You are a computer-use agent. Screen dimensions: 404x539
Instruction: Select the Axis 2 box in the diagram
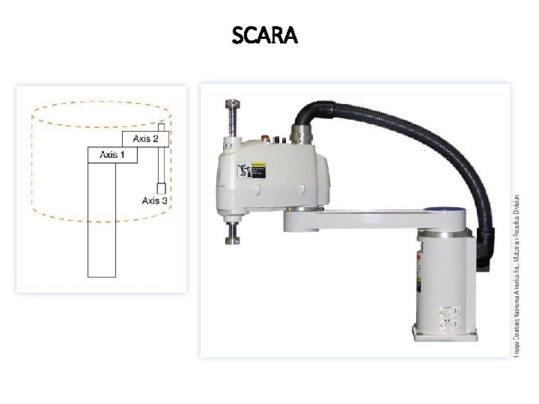pos(145,138)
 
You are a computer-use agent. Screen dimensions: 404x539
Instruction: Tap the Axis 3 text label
pos(155,201)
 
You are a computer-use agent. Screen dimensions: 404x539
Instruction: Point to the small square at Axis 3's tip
pos(159,188)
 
